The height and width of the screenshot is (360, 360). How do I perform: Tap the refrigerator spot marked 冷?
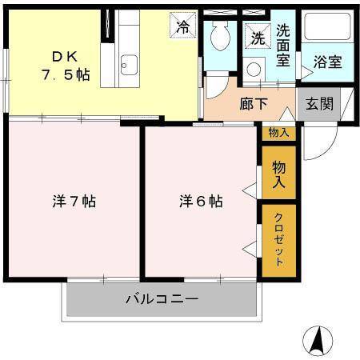(183, 26)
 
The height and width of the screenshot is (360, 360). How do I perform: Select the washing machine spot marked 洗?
(258, 37)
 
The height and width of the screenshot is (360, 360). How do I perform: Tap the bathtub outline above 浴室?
(328, 29)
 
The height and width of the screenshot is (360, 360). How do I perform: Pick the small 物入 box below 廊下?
(278, 133)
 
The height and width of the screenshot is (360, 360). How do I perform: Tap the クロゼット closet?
(278, 240)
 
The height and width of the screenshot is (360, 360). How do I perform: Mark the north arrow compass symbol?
(318, 341)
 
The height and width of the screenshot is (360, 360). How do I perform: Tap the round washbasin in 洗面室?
(254, 69)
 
